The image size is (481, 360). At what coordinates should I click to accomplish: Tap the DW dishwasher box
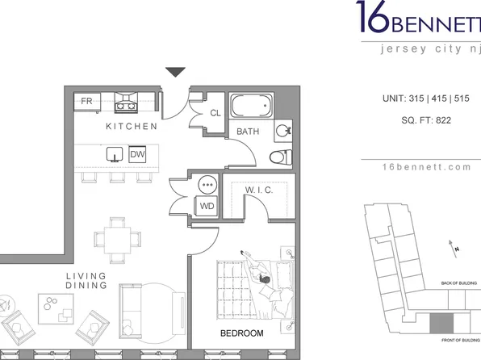click(137, 154)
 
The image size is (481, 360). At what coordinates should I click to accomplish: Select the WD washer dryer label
click(207, 207)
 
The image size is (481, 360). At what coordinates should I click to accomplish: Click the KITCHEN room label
click(131, 128)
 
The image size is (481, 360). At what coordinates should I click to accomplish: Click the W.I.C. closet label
click(257, 190)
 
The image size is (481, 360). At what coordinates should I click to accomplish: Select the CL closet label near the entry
click(215, 114)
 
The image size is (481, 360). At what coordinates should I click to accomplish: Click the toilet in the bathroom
click(280, 157)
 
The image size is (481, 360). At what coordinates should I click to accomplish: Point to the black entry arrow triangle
click(176, 73)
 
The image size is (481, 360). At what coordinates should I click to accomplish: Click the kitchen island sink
click(114, 154)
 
